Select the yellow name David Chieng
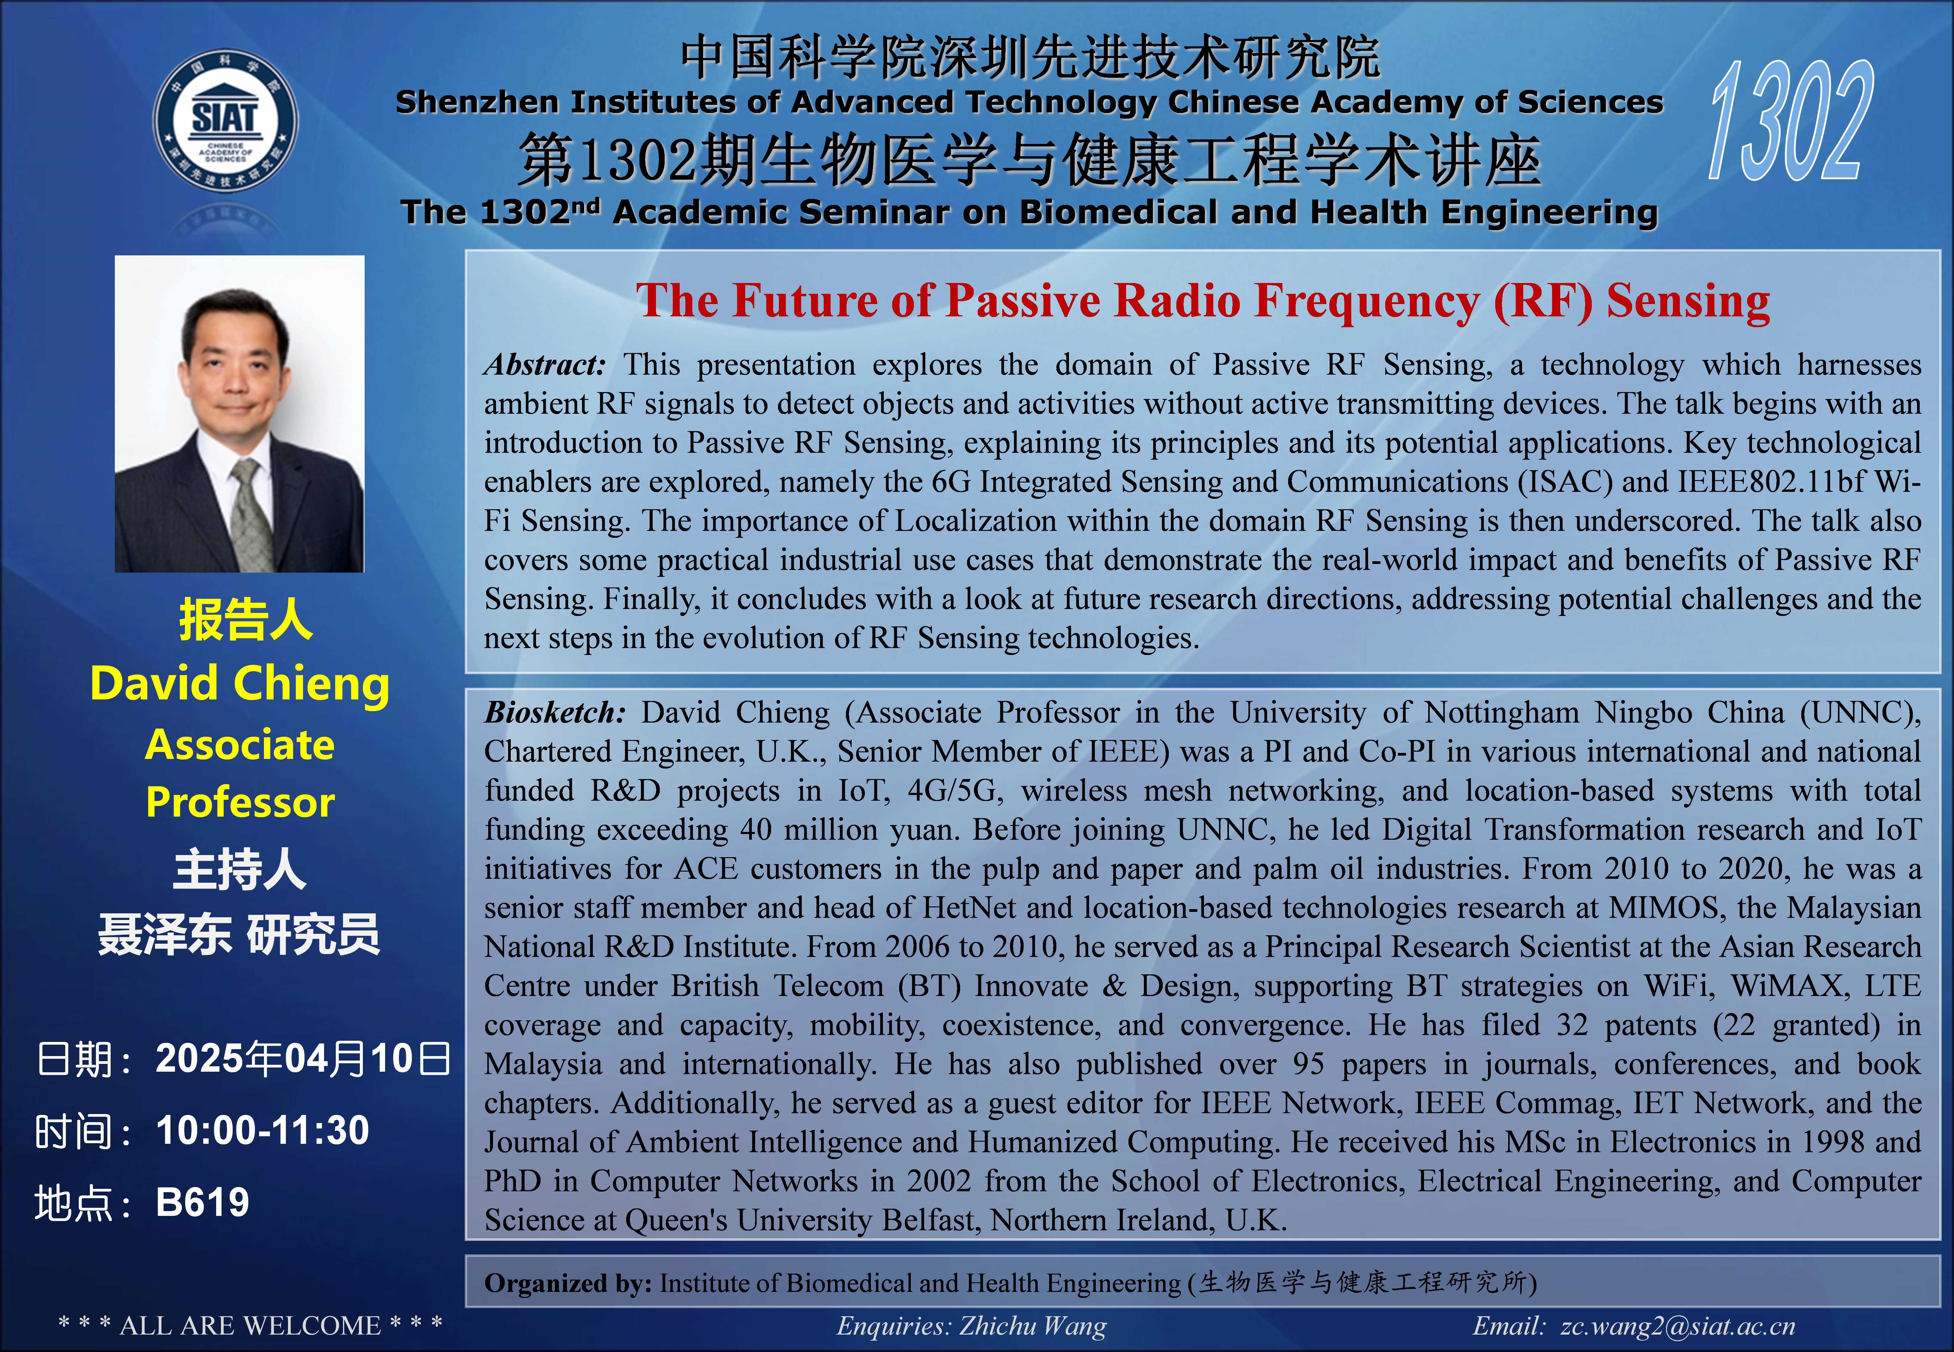click(240, 684)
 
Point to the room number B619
click(203, 1202)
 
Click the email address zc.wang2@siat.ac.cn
click(1678, 1326)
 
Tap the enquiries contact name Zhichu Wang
click(1033, 1326)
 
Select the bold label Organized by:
click(568, 1283)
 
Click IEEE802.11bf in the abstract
click(1772, 482)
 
